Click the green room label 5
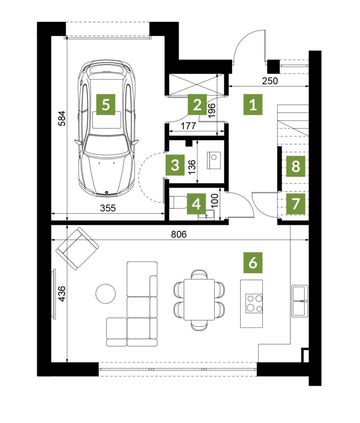pyautogui.click(x=106, y=105)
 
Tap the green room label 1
pyautogui.click(x=253, y=105)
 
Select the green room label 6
pyautogui.click(x=253, y=262)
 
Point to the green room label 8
pyautogui.click(x=296, y=166)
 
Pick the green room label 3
pyautogui.click(x=175, y=165)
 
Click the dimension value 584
pyautogui.click(x=62, y=119)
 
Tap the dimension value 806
pyautogui.click(x=179, y=234)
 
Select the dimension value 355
pyautogui.click(x=108, y=208)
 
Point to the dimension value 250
pyautogui.click(x=270, y=81)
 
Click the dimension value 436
pyautogui.click(x=62, y=294)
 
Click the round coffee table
pyautogui.click(x=105, y=294)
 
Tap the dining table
pyautogui.click(x=199, y=300)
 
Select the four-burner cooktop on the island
pyautogui.click(x=254, y=304)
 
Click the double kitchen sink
pyautogui.click(x=300, y=301)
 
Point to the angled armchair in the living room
pyautogui.click(x=77, y=248)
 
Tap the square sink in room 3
pyautogui.click(x=214, y=160)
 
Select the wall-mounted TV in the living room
pyautogui.click(x=55, y=294)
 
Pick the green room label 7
pyautogui.click(x=296, y=204)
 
